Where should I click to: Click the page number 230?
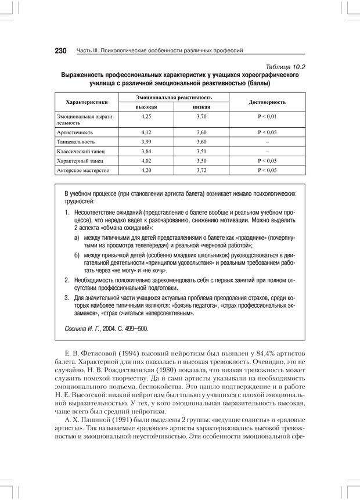point(61,51)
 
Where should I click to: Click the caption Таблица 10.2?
point(285,67)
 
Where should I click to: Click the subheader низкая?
point(201,107)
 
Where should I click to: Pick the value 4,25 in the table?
point(146,117)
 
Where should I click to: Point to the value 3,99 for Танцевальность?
point(146,142)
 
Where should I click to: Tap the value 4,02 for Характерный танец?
point(146,161)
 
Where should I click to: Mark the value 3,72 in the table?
point(201,171)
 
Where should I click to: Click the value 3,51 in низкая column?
point(201,152)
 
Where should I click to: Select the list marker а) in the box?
point(77,238)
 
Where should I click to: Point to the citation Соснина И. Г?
point(85,329)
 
